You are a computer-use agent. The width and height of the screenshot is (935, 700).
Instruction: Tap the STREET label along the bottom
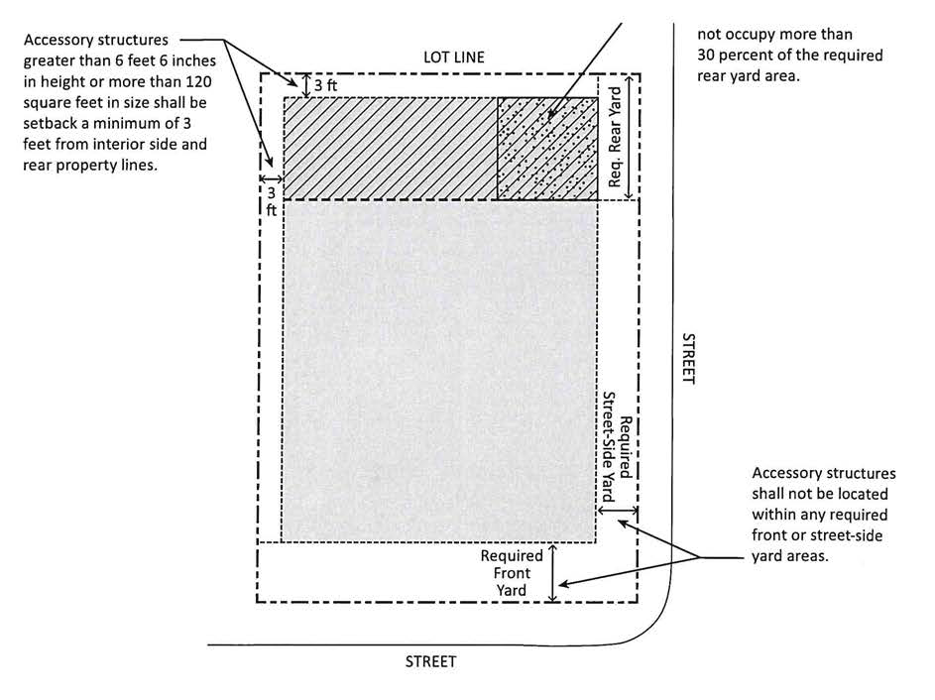(430, 661)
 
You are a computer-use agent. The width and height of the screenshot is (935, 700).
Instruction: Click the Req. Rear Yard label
(616, 138)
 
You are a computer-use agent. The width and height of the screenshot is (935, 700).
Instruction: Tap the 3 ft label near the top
(325, 85)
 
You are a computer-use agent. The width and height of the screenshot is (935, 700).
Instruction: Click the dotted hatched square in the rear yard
(547, 147)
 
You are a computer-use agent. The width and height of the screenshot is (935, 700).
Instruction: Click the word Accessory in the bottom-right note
(788, 473)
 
